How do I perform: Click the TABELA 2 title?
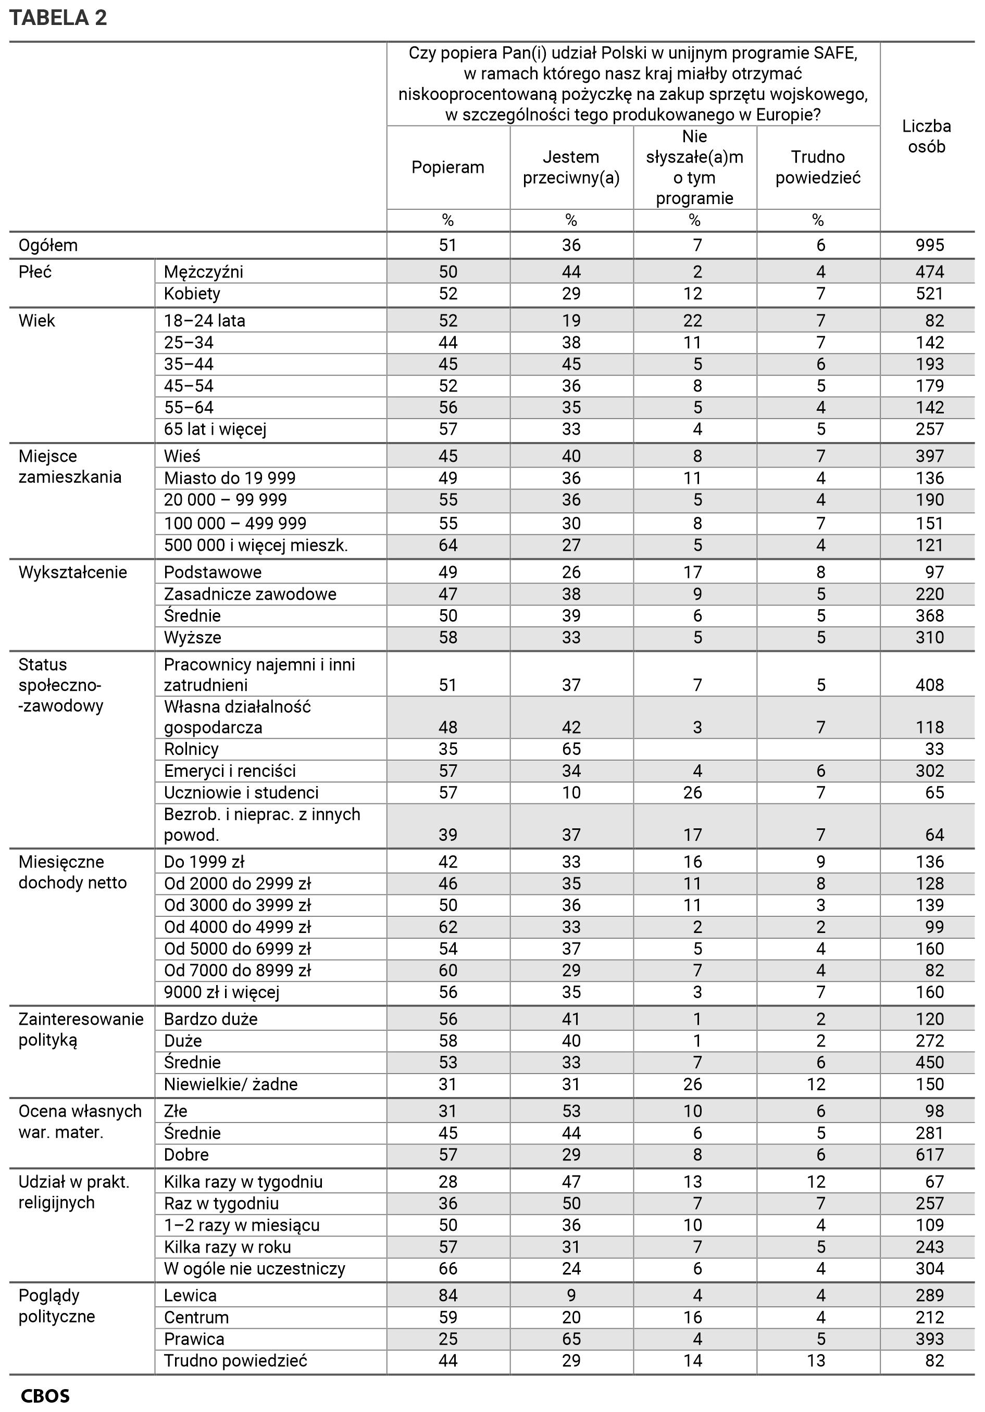58,18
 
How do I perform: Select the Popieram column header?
448,167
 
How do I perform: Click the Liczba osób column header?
927,136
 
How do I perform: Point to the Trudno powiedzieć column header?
818,167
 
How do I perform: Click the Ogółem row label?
48,245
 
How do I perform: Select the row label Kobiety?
192,294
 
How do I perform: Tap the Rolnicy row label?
191,749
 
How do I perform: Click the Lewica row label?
190,1296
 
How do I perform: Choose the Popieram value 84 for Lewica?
448,1296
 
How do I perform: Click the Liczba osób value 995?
930,245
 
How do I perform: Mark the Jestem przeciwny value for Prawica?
571,1339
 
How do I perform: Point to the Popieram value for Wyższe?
448,638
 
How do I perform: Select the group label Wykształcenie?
72,573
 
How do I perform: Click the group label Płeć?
35,272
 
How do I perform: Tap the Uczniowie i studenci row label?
241,793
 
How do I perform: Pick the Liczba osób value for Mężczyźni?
930,272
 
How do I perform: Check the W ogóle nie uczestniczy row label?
255,1269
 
